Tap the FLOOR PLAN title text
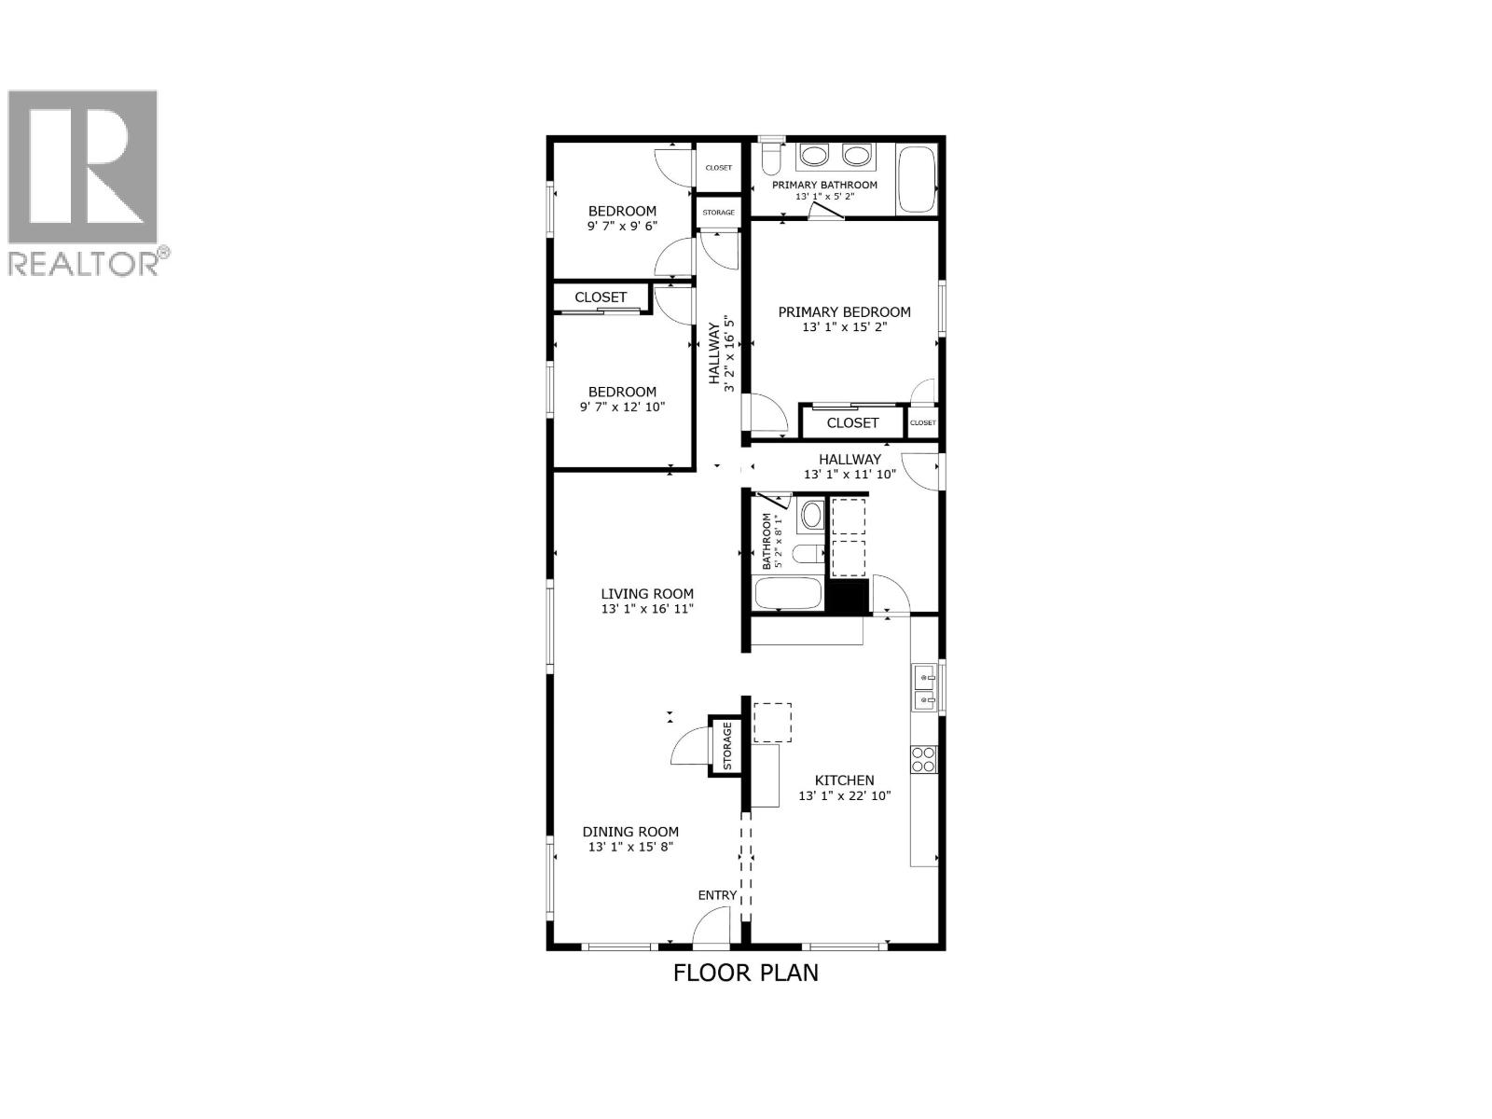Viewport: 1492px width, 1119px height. (746, 973)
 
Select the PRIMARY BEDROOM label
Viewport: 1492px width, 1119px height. (844, 312)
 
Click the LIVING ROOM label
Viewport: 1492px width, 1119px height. (647, 594)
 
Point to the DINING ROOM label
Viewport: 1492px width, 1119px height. (630, 832)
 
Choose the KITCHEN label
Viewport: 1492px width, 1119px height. (844, 781)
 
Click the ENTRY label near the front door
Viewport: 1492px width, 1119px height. (717, 895)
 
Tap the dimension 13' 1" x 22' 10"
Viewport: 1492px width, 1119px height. (845, 796)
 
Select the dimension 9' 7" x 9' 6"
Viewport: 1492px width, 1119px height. (621, 226)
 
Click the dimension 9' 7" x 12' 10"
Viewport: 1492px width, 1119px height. (622, 407)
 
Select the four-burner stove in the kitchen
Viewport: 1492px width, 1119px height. (923, 759)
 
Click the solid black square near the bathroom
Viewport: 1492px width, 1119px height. (848, 597)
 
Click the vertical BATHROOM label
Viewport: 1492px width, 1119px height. (767, 542)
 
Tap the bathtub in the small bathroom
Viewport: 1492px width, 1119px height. (788, 594)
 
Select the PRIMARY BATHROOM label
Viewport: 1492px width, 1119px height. (824, 185)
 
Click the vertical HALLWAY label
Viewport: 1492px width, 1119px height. (715, 353)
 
